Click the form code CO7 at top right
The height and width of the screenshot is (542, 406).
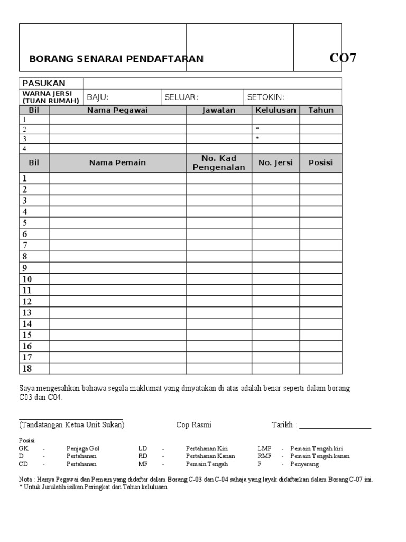point(343,58)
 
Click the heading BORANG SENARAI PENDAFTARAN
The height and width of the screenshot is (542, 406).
point(116,59)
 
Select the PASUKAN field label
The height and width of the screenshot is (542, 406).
point(43,83)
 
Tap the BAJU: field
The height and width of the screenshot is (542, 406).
point(97,97)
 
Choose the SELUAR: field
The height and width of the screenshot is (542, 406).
point(181,97)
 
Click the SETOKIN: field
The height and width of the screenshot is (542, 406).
point(266,97)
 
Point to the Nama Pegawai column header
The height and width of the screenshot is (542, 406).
point(117,110)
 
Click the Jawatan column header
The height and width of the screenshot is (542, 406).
point(218,110)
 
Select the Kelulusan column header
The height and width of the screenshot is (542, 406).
point(275,110)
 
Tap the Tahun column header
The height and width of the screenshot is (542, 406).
point(321,110)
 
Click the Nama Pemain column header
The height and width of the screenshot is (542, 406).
point(117,162)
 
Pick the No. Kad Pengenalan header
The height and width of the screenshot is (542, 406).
point(218,163)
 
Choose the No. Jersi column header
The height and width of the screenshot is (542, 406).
point(275,162)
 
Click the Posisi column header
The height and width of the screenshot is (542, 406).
point(321,162)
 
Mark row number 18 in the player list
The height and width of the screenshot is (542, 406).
point(27,368)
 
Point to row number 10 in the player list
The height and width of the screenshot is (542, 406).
point(27,279)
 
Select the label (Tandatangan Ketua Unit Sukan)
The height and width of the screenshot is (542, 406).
point(72,425)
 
